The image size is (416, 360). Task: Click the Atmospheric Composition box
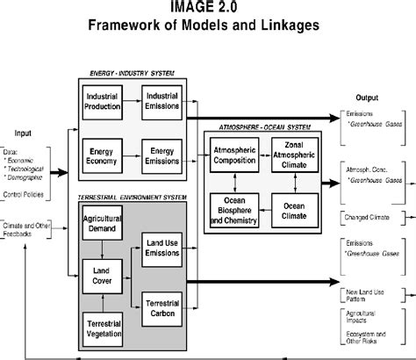(x=234, y=155)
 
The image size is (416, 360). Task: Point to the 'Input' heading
(x=22, y=133)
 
